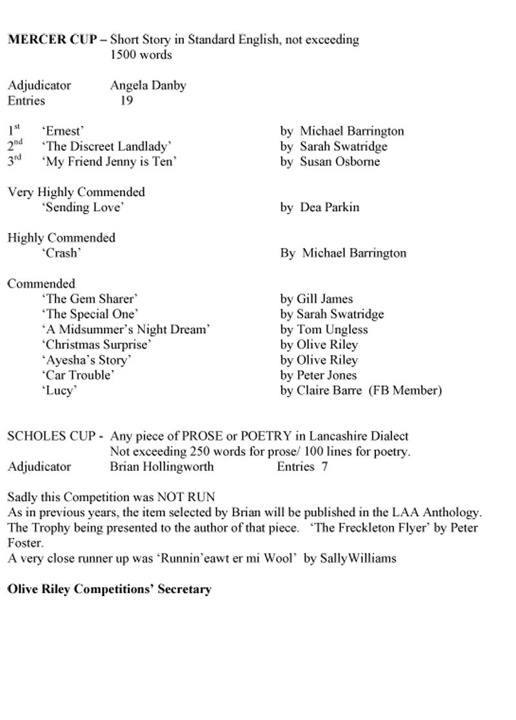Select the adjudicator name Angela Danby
[x=148, y=85]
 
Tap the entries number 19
[x=126, y=101]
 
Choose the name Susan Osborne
[x=339, y=161]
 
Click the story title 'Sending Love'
[x=83, y=207]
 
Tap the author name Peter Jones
[x=328, y=375]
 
